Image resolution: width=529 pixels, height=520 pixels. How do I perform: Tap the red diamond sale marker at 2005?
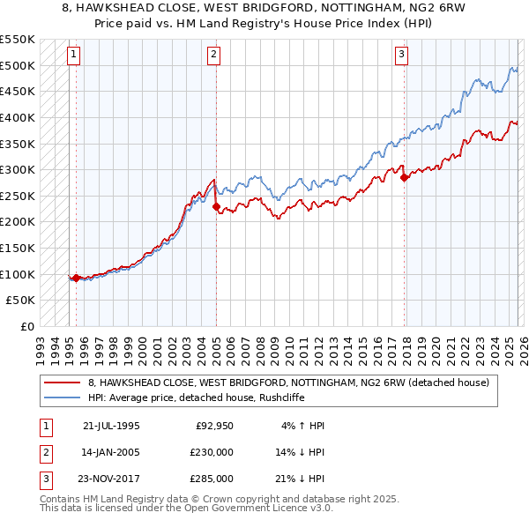216,206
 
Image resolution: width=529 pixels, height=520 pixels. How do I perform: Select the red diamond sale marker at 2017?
405,177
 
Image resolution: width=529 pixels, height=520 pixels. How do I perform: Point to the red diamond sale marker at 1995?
76,279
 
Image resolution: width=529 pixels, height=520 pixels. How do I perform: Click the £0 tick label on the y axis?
26,327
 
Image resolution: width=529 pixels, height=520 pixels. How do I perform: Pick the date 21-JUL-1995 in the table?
111,426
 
